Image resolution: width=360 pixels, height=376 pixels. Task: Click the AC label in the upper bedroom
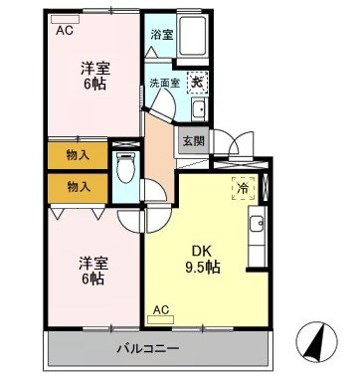pos(65,30)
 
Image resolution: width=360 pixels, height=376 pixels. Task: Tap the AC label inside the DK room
pos(160,309)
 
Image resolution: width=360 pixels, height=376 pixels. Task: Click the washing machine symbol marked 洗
pos(198,84)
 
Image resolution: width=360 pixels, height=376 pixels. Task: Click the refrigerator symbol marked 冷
pos(243,187)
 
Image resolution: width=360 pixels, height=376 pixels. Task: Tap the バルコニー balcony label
pos(145,349)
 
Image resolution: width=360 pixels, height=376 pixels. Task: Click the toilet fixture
pos(125,170)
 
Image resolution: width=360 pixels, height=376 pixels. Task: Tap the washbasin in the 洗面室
pos(198,108)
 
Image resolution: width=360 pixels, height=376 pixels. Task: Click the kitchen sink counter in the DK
pos(257,236)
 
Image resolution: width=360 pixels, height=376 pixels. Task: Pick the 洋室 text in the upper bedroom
pos(94,69)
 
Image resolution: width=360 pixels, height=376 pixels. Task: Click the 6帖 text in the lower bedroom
pos(94,280)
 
